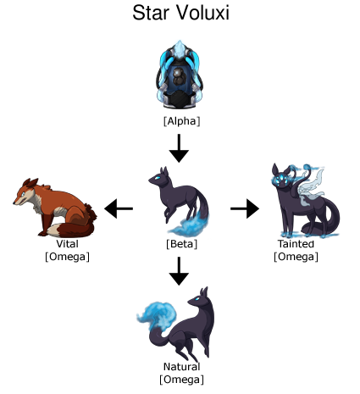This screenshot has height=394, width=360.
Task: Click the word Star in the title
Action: [x=151, y=13]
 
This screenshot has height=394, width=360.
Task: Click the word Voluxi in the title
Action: [x=202, y=13]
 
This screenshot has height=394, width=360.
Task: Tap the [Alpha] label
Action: [x=181, y=121]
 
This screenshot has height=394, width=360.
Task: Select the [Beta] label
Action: [x=181, y=244]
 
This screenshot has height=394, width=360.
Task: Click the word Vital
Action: [x=67, y=243]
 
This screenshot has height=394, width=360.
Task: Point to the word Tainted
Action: [x=296, y=243]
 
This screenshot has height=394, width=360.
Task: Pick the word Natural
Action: [x=181, y=366]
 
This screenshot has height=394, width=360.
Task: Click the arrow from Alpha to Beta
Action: [x=179, y=148]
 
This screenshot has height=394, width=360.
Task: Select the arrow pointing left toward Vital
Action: [x=119, y=208]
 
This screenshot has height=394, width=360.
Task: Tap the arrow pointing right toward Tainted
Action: [x=245, y=208]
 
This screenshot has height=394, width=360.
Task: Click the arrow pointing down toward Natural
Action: [x=179, y=271]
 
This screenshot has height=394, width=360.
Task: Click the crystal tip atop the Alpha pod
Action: [x=179, y=47]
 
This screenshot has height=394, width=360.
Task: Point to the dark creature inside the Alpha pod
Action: [x=178, y=76]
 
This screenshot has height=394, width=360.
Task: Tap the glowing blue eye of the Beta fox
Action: [x=158, y=178]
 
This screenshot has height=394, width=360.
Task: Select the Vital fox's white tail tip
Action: [x=55, y=230]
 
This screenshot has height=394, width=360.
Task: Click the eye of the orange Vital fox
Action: [x=23, y=194]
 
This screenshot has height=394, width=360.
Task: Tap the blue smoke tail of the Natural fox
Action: [x=157, y=315]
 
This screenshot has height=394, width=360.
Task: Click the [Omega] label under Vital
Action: [x=67, y=257]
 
